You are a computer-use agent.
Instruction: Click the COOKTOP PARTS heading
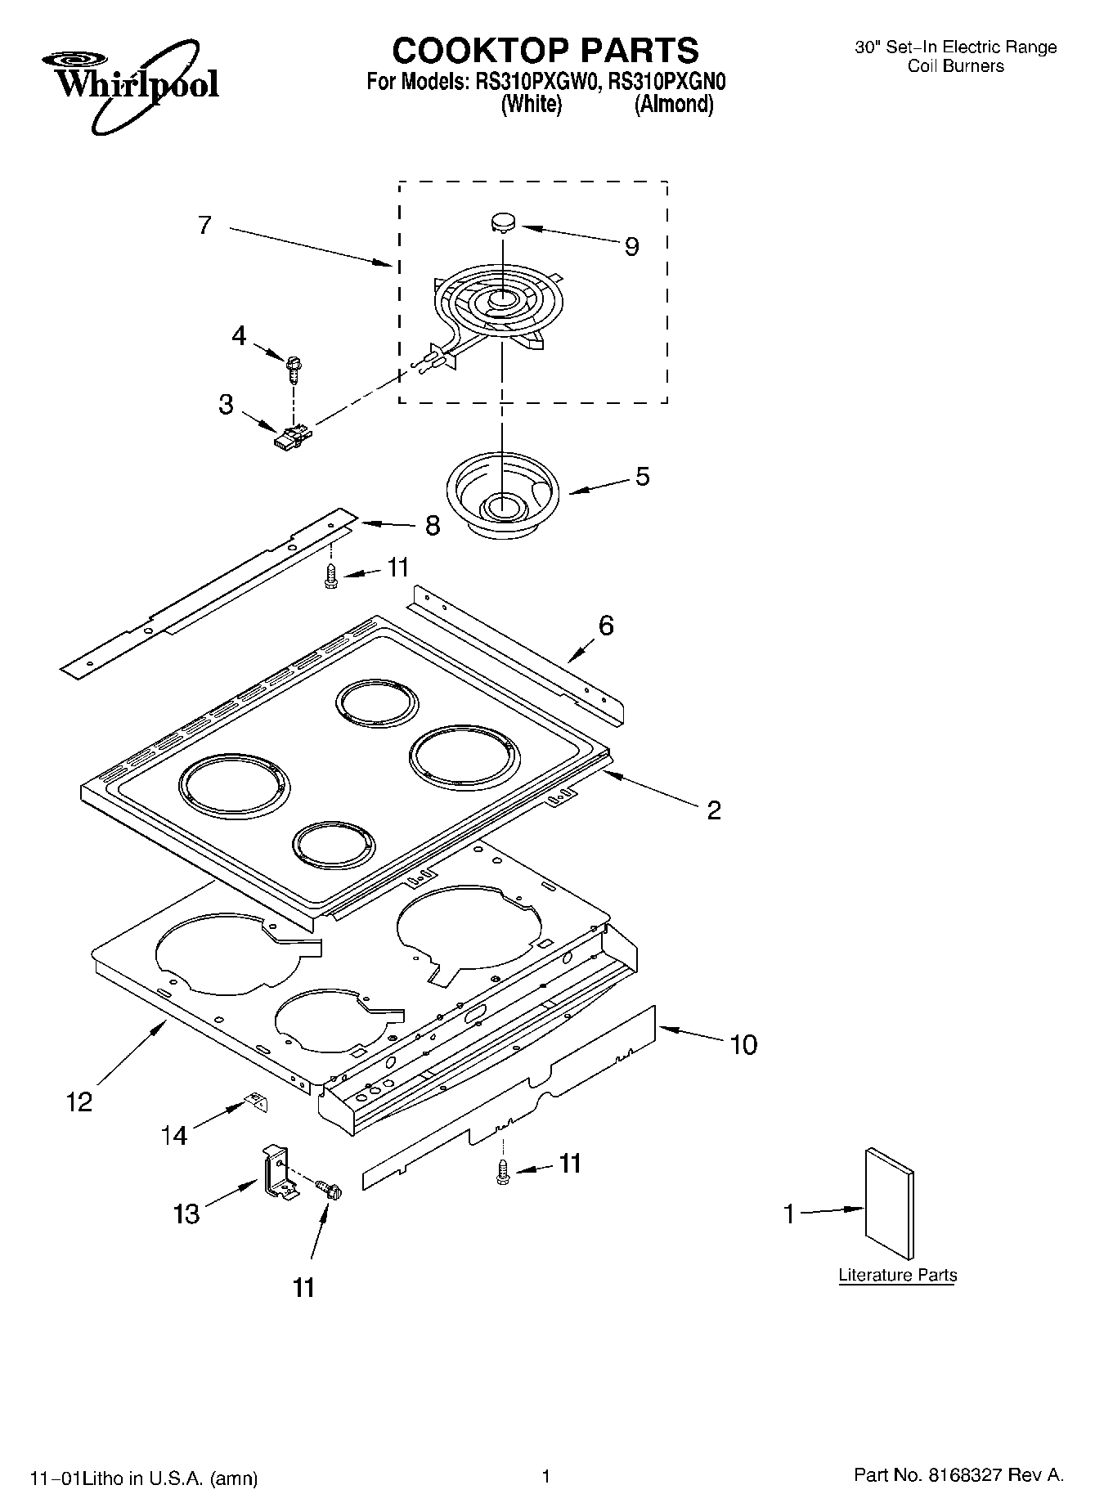pos(545,51)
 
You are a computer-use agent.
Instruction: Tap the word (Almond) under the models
pos(674,105)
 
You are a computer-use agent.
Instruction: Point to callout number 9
pos(631,247)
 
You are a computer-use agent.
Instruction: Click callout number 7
pos(204,225)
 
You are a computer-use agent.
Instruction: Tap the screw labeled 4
pos(293,368)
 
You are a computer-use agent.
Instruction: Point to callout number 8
pos(432,526)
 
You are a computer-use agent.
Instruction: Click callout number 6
pos(605,626)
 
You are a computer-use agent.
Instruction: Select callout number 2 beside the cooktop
pos(713,810)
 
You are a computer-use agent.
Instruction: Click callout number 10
pos(743,1044)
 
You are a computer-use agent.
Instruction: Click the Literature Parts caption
pos(897,1275)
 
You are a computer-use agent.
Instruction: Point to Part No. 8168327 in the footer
pos(958,1475)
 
